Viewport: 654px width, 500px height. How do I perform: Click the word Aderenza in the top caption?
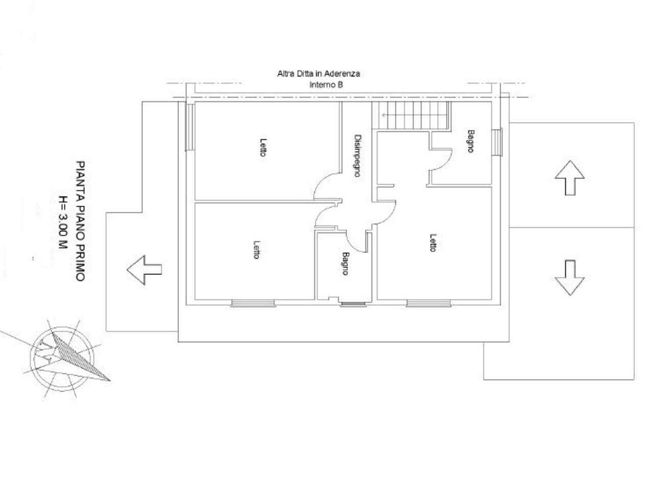342,74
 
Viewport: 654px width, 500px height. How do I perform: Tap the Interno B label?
326,85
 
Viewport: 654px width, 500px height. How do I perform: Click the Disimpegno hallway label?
358,155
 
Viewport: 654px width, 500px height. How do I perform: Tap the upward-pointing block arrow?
569,178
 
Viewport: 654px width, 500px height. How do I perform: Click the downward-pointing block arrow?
569,278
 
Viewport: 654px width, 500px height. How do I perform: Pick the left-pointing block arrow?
145,270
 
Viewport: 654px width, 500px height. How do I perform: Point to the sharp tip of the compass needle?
110,380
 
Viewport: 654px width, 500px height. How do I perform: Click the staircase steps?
411,115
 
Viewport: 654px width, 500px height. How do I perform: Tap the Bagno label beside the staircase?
471,141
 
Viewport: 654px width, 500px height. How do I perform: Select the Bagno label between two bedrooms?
345,264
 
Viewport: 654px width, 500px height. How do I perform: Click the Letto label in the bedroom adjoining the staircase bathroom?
433,243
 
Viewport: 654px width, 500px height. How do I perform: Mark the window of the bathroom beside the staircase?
497,142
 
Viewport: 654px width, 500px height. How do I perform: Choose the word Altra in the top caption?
285,74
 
